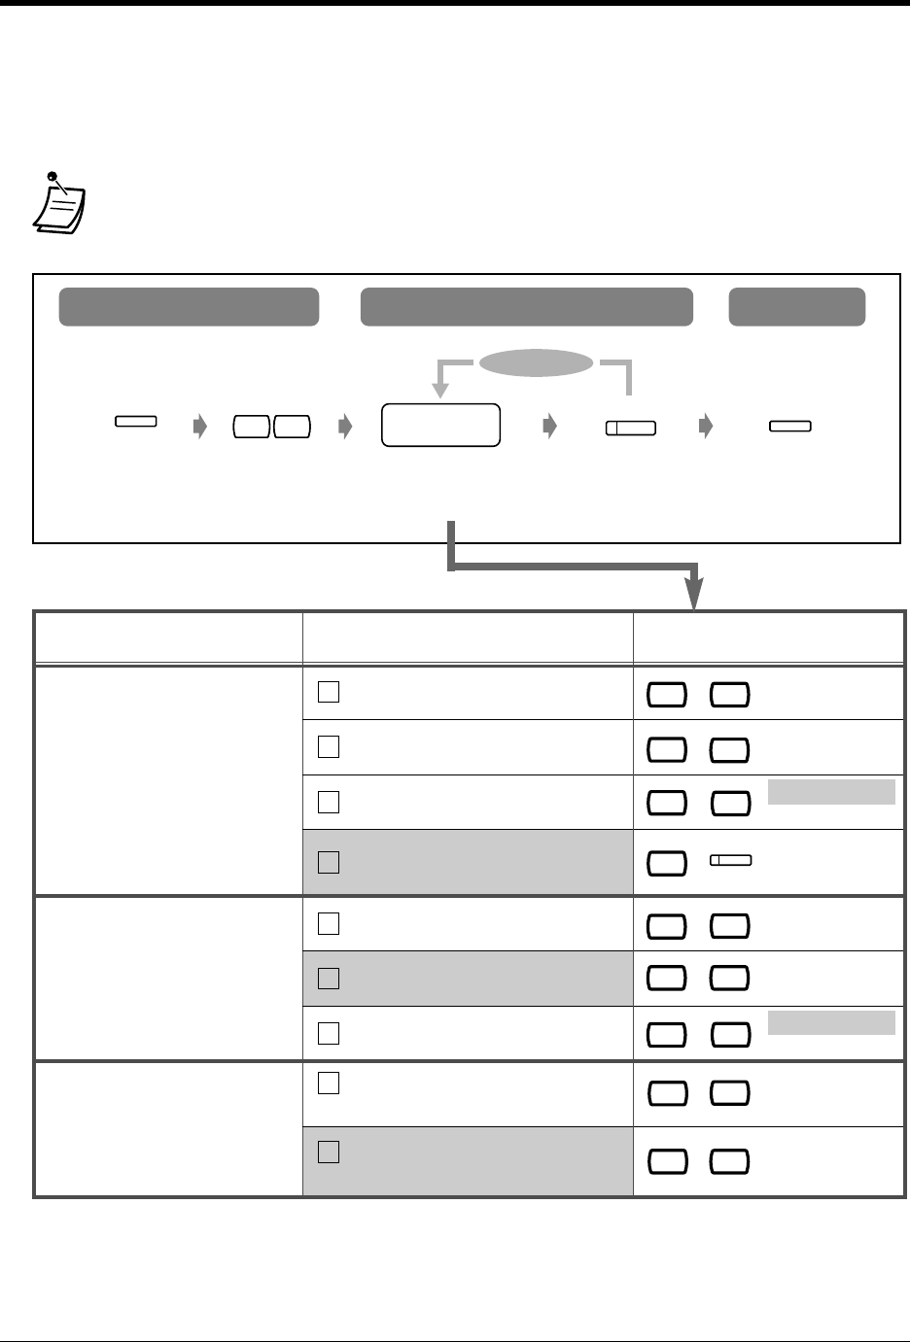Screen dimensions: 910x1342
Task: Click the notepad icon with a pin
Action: (59, 204)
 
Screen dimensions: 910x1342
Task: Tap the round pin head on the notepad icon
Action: (52, 178)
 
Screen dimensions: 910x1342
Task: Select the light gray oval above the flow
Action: (537, 362)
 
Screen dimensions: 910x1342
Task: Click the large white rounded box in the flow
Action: (441, 426)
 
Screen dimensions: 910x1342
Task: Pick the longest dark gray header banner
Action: (526, 306)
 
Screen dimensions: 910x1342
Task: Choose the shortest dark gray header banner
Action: (797, 306)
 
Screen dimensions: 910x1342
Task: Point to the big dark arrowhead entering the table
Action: (694, 595)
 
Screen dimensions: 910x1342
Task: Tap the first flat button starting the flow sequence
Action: (137, 422)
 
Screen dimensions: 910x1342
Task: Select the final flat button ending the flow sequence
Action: (790, 426)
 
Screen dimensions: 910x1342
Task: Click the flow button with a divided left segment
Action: (630, 427)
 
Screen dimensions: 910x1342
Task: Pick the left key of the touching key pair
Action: (251, 426)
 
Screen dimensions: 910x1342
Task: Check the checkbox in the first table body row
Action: (329, 692)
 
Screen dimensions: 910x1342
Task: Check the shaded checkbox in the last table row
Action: (329, 1153)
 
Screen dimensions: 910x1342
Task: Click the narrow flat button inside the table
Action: (731, 860)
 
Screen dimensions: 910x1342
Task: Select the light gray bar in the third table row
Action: (831, 792)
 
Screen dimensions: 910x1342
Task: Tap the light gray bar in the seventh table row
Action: (831, 1023)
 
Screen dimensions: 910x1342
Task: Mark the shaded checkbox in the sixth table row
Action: (329, 979)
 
